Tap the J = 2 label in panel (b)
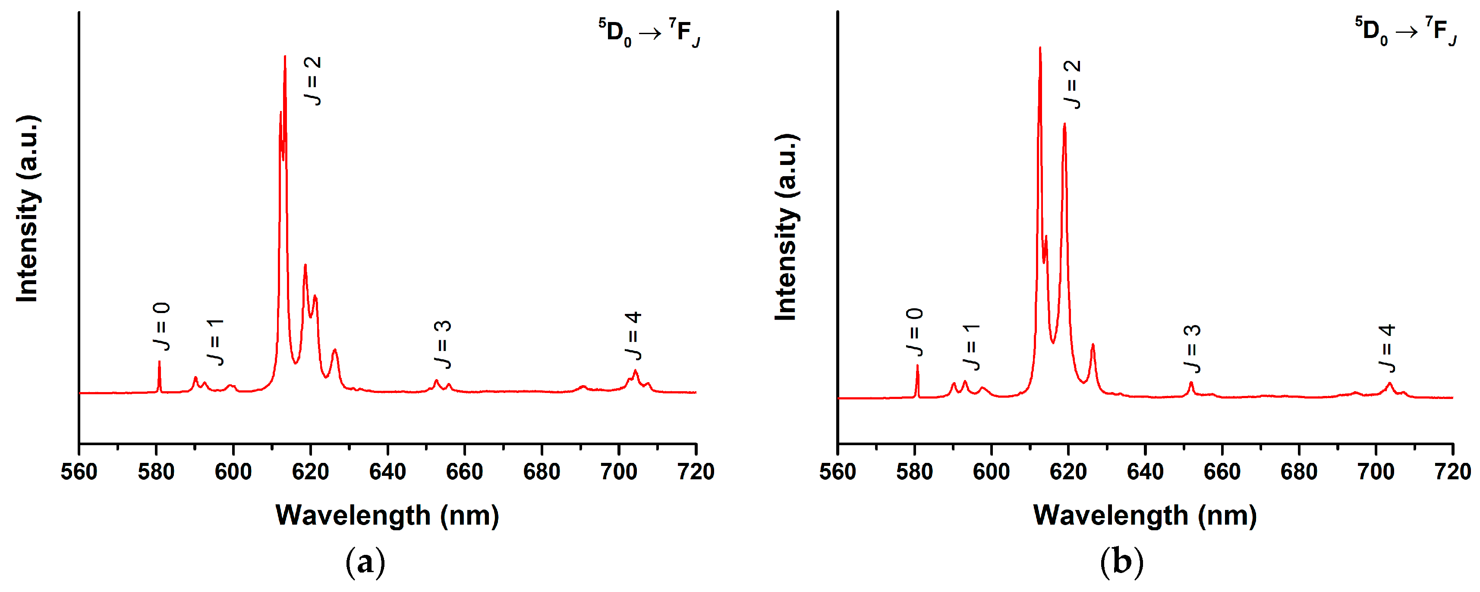click(x=1072, y=85)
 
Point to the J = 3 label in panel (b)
click(x=1192, y=349)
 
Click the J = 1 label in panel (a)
click(x=215, y=342)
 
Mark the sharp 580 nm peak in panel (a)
click(x=159, y=362)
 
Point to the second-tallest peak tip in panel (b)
click(x=1064, y=124)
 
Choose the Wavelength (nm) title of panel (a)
click(x=387, y=515)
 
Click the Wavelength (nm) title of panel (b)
click(x=1145, y=515)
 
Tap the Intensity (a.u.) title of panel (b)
click(x=786, y=227)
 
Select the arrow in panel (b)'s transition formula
click(x=1407, y=33)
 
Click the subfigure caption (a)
click(x=365, y=562)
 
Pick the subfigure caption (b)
click(x=1121, y=562)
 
